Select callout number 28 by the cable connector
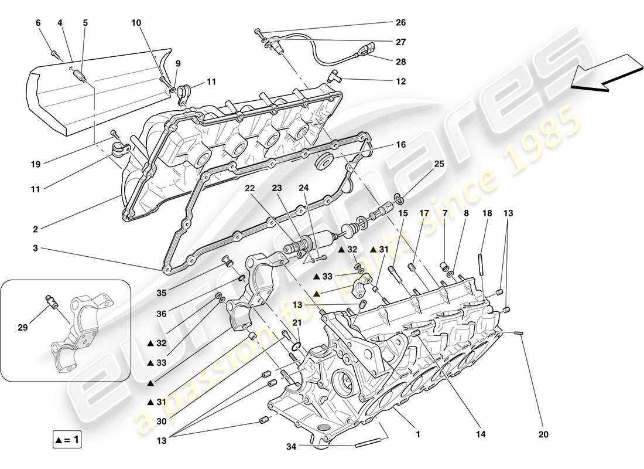pyautogui.click(x=400, y=62)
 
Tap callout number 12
pyautogui.click(x=400, y=81)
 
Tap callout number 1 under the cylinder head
pyautogui.click(x=417, y=436)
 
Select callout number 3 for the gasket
pyautogui.click(x=36, y=249)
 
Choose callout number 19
pyautogui.click(x=36, y=165)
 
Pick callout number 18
pyautogui.click(x=485, y=214)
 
